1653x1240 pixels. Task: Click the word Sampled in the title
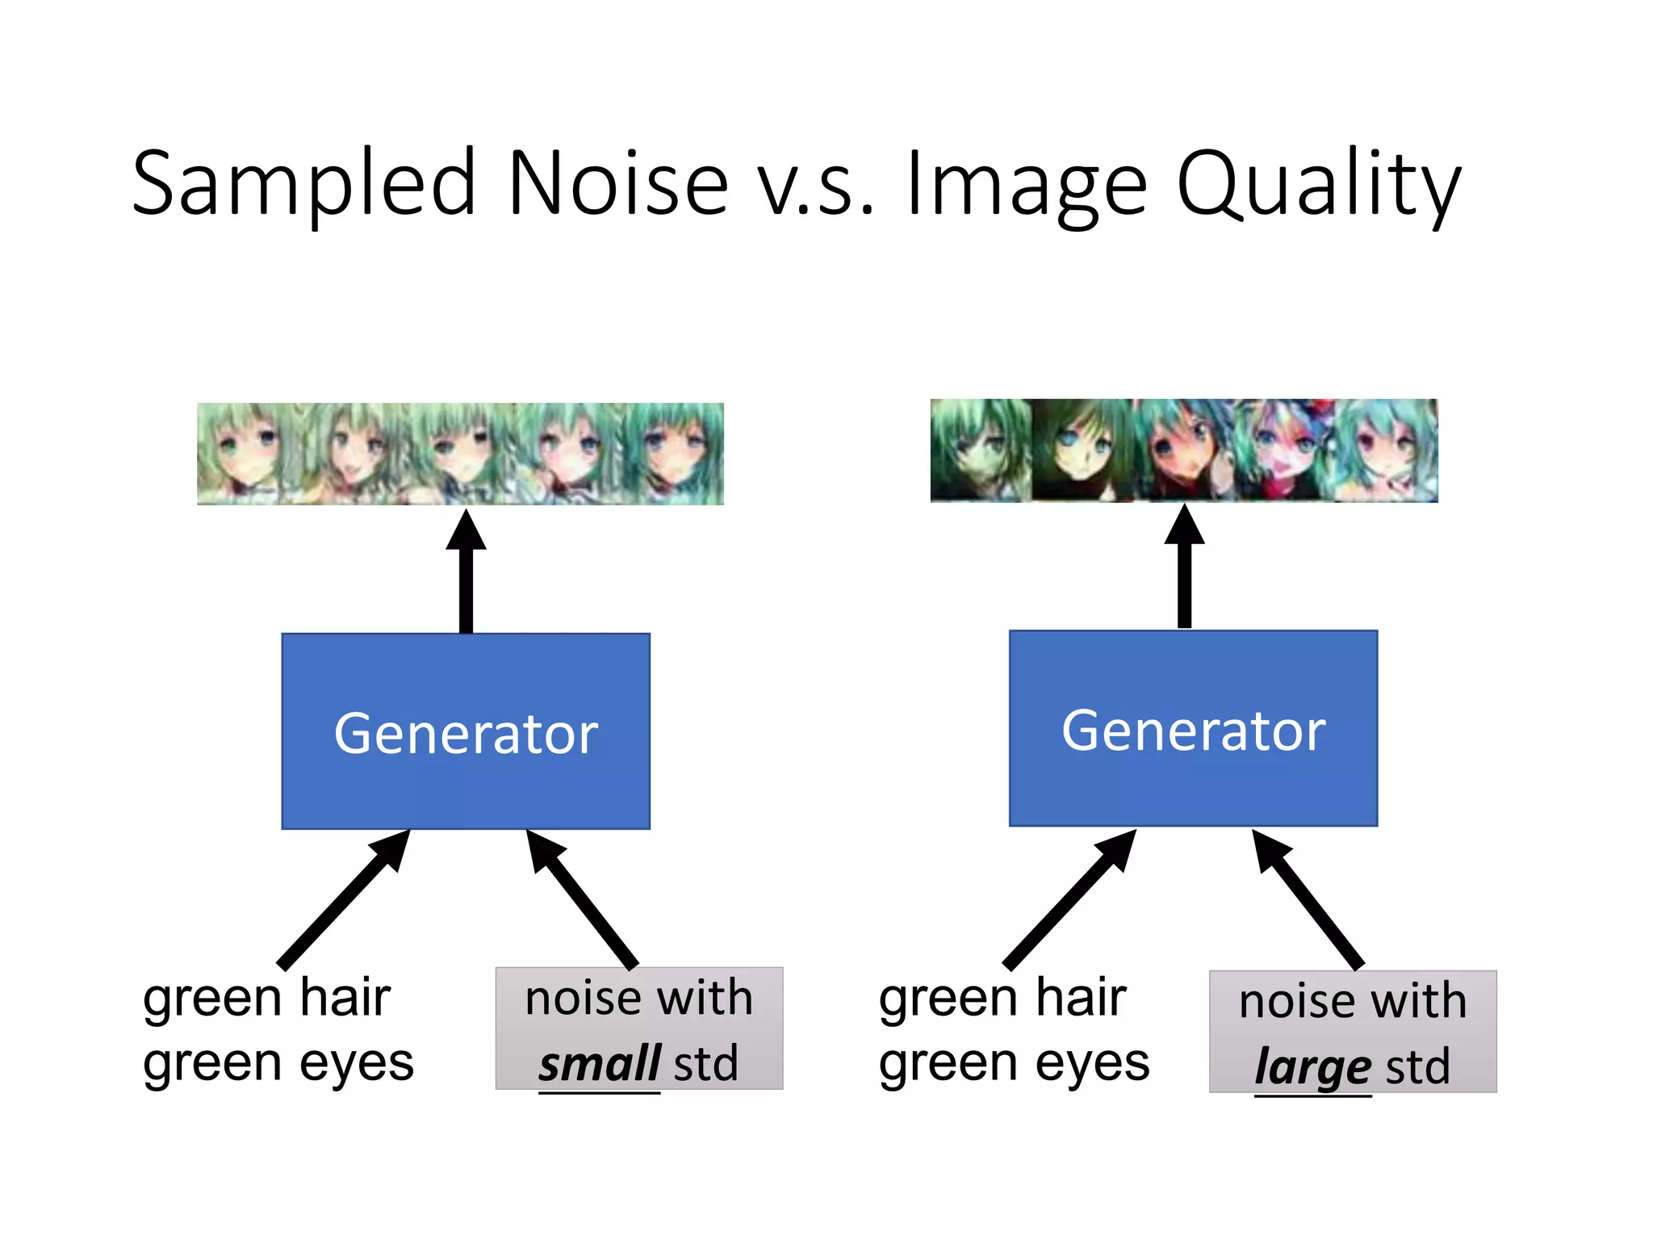coord(304,184)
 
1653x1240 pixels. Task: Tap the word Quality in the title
coord(1318,184)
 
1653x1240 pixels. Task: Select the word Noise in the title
coord(618,184)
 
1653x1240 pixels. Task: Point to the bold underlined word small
coord(600,1063)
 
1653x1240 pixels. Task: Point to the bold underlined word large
coord(1312,1066)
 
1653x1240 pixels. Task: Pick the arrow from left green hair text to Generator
coord(344,899)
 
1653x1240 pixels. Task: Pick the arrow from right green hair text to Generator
coord(1069,899)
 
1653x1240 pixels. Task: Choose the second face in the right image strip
coord(1082,450)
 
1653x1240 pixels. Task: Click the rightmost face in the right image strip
coord(1387,450)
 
